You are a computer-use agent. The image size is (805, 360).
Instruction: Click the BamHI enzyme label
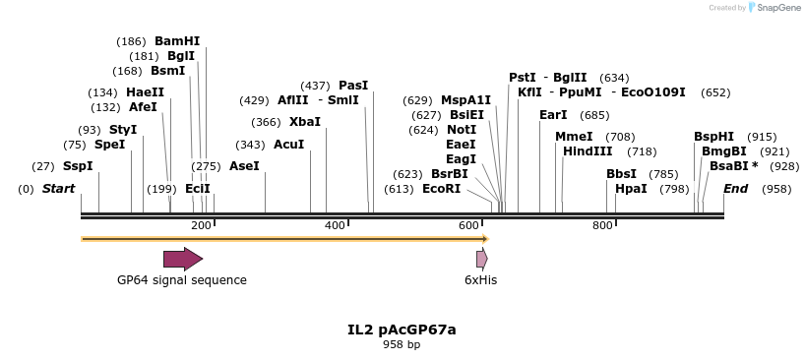[x=177, y=41]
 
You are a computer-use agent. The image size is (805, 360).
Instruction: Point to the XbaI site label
[x=305, y=122]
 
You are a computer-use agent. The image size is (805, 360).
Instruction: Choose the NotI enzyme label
[x=462, y=130]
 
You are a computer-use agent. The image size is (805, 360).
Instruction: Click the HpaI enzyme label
[x=631, y=189]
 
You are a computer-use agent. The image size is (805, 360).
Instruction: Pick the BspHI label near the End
[x=713, y=137]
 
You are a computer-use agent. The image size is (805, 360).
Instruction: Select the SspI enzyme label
[x=78, y=166]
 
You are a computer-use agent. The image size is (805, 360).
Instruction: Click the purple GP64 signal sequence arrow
[x=183, y=259]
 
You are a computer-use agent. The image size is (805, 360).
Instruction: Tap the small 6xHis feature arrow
[x=481, y=259]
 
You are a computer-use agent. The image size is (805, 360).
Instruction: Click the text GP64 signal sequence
[x=182, y=280]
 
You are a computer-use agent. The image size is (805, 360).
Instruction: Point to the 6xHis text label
[x=481, y=280]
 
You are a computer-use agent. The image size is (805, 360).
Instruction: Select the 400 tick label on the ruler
[x=335, y=225]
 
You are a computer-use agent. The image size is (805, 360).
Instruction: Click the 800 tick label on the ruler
[x=602, y=225]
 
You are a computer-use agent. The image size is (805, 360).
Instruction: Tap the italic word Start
[x=58, y=189]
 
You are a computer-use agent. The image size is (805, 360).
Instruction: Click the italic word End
[x=736, y=189]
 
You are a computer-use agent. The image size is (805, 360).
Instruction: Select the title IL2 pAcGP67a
[x=402, y=330]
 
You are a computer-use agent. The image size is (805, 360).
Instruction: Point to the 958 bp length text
[x=402, y=344]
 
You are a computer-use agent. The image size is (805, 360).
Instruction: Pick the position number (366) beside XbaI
[x=266, y=122]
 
